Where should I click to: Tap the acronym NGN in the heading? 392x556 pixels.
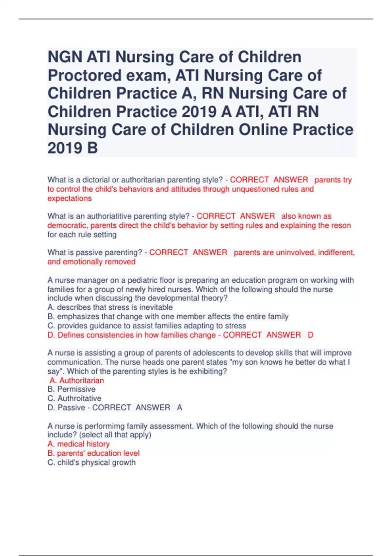click(65, 57)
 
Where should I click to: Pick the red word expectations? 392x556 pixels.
click(70, 198)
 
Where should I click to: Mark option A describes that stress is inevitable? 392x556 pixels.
click(110, 307)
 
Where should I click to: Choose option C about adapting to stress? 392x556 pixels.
click(147, 326)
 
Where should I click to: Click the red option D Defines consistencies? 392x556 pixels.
click(132, 335)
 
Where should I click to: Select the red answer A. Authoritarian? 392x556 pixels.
click(77, 380)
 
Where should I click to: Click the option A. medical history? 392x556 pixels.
click(78, 444)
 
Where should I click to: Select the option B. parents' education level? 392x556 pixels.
click(93, 453)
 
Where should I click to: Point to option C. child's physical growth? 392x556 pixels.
click(91, 462)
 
